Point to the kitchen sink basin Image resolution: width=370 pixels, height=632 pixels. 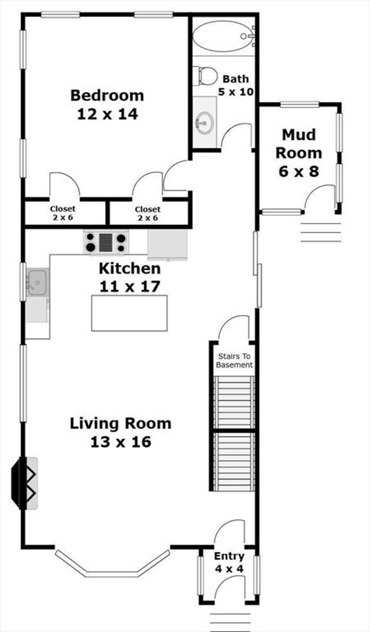click(37, 282)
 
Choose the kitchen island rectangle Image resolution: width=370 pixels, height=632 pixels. click(129, 313)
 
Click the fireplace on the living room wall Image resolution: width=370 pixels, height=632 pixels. click(25, 483)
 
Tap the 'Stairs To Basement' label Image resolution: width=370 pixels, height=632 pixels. click(234, 360)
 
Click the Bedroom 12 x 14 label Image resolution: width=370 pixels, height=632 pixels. click(107, 104)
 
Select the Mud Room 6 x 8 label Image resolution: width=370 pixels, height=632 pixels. click(298, 153)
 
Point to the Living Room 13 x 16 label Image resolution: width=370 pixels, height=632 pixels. click(120, 432)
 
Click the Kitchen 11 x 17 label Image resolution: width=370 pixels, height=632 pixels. click(130, 277)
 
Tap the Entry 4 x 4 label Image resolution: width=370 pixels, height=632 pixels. click(229, 562)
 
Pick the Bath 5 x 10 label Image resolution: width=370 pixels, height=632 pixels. click(236, 85)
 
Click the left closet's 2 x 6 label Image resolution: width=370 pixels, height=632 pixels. click(63, 218)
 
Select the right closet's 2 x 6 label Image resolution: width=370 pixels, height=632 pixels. click(147, 218)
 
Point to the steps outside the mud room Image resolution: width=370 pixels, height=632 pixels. click(321, 232)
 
